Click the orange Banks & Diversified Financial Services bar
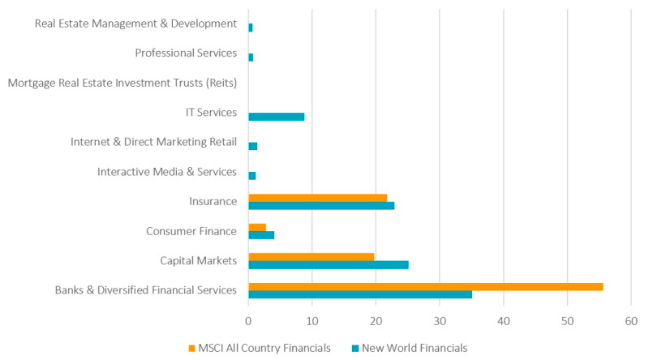tap(425, 286)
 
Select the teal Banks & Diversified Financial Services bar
tap(360, 294)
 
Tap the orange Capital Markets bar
tap(311, 256)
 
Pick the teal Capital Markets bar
tap(329, 264)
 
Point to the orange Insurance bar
tap(317, 198)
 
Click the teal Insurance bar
tap(321, 206)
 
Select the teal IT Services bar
tap(276, 117)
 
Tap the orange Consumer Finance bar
tap(257, 227)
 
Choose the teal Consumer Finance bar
tap(261, 235)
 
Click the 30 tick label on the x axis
tap(440, 320)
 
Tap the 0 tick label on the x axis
tap(248, 320)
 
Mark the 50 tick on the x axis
tap(567, 320)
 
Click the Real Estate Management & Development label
tap(135, 24)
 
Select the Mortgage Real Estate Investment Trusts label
tap(122, 83)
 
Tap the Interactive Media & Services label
tap(166, 172)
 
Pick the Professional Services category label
tap(186, 54)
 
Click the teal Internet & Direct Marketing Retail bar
tap(252, 146)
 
